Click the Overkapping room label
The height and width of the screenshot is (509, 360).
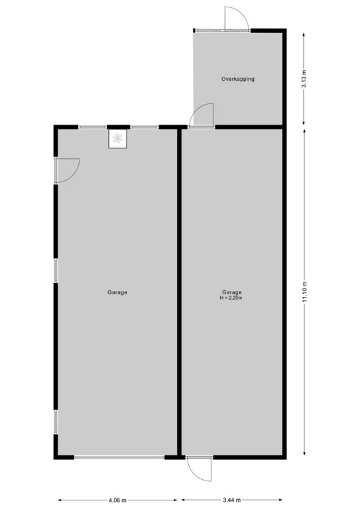pyautogui.click(x=237, y=79)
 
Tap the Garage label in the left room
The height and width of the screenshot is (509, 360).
pyautogui.click(x=117, y=292)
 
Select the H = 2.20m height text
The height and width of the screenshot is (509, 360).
pyautogui.click(x=231, y=298)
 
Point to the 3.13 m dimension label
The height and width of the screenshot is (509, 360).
pyautogui.click(x=304, y=79)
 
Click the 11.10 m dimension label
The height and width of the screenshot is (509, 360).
pyautogui.click(x=304, y=292)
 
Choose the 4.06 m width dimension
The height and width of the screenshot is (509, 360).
pyautogui.click(x=119, y=500)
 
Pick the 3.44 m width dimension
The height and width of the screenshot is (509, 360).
pyautogui.click(x=231, y=500)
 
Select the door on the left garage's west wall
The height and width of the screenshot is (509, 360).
pyautogui.click(x=67, y=170)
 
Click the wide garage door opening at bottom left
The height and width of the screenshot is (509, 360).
pyautogui.click(x=119, y=457)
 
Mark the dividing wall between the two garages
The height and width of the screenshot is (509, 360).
pyautogui.click(x=179, y=292)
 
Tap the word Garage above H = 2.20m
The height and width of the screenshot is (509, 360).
pyautogui.click(x=231, y=292)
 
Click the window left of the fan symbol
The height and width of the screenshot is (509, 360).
pyautogui.click(x=93, y=127)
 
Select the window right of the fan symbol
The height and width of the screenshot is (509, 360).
pyautogui.click(x=144, y=127)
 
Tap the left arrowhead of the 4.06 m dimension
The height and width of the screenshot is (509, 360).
pyautogui.click(x=59, y=500)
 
